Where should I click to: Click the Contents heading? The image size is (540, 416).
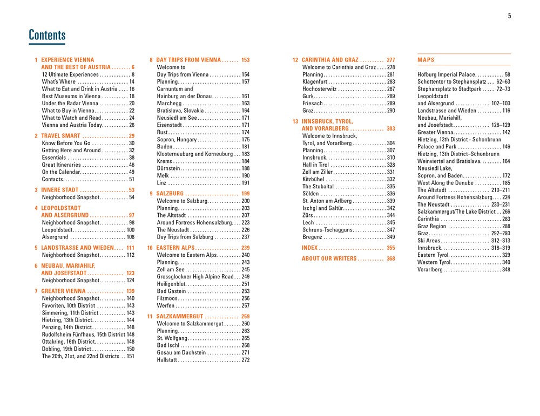[47, 36]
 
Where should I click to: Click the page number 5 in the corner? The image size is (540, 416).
[509, 16]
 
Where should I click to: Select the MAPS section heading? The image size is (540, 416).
[426, 60]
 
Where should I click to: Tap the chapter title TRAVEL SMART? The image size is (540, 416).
[61, 136]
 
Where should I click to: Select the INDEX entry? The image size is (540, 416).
[309, 248]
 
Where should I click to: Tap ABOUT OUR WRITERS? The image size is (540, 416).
[329, 258]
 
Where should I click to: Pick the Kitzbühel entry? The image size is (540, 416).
[314, 179]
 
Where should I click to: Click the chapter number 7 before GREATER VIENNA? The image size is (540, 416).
[36, 291]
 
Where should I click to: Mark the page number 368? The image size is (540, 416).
[390, 258]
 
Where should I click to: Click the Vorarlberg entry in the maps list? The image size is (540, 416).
[433, 270]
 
